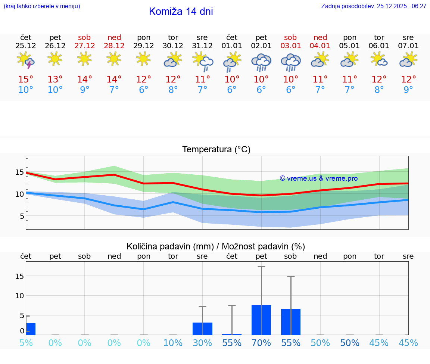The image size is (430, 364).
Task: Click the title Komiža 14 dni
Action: coord(181,12)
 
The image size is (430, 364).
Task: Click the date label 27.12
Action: coord(84,46)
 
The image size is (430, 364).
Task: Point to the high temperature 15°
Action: coord(26,80)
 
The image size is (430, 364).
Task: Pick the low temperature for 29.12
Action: coord(143,90)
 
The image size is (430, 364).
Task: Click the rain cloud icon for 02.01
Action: coord(261,62)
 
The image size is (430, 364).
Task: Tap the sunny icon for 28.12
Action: coord(114,59)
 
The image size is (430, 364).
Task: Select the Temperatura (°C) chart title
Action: coord(216,150)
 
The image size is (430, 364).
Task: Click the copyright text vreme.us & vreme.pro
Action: coord(318,178)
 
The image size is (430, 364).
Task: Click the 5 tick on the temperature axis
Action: coord(22,216)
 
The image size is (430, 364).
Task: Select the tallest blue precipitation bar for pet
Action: coord(261,320)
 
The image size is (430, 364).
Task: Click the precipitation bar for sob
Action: coord(290,322)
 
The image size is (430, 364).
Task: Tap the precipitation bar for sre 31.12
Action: coord(202,329)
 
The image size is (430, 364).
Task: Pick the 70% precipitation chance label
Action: coord(261,343)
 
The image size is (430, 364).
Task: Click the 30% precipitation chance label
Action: coord(202,343)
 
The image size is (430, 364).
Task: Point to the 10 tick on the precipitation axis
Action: coord(19,296)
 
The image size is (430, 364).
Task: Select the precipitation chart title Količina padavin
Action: coord(216,246)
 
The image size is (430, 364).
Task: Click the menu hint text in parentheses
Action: coord(42,6)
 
